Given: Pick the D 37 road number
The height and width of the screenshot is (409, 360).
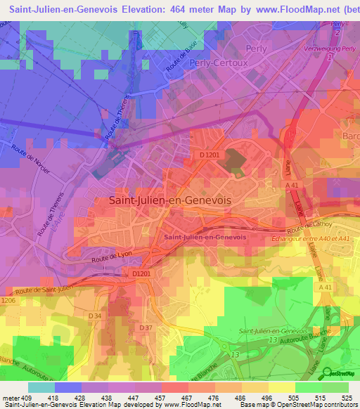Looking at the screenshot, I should tap(146, 328).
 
